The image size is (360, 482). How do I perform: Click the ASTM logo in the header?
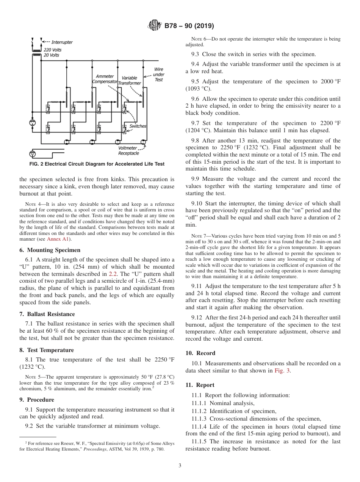click(155, 26)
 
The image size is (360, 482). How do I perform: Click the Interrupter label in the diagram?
click(62, 42)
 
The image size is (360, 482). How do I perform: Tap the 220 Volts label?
click(52, 50)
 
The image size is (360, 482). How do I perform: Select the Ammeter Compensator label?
click(105, 79)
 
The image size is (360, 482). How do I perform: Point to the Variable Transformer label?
click(129, 80)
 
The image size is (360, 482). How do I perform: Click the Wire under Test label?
click(158, 74)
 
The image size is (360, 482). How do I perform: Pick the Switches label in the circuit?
click(138, 126)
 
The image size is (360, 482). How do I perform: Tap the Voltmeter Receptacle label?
click(128, 150)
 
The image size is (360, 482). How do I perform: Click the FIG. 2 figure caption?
click(97, 164)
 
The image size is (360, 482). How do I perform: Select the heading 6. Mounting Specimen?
click(50, 250)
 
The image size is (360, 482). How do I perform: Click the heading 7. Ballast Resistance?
click(47, 314)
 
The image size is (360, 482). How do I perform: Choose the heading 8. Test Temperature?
click(47, 350)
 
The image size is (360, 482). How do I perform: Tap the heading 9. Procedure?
click(37, 400)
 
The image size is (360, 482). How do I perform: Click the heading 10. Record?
click(200, 353)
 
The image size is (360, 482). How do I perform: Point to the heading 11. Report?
click(200, 385)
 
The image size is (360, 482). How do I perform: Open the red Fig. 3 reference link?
click(282, 371)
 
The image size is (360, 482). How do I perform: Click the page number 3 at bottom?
click(180, 465)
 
